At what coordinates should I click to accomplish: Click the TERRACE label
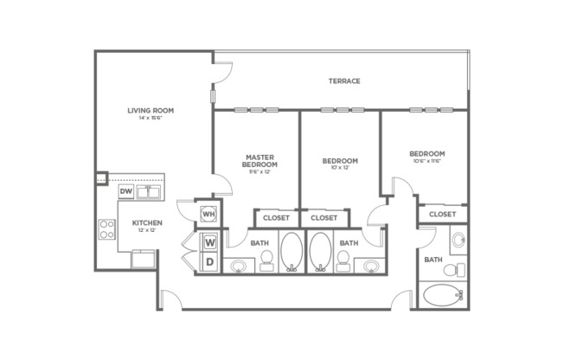click(344, 81)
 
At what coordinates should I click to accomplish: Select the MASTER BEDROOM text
click(260, 160)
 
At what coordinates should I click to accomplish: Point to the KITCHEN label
click(147, 222)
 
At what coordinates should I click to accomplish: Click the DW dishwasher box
click(126, 191)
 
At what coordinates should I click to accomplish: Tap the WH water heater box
click(208, 212)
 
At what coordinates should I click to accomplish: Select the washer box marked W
click(210, 242)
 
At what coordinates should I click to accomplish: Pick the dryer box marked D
click(210, 261)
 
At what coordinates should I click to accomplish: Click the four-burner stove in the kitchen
click(107, 229)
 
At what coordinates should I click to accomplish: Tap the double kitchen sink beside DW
click(152, 191)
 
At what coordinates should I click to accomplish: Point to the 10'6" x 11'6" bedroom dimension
click(427, 162)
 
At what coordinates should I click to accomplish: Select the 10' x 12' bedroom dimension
click(340, 168)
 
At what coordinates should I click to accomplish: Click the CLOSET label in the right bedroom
click(442, 214)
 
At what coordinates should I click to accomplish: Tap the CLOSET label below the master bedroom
click(276, 218)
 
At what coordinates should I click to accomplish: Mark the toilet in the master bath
click(266, 259)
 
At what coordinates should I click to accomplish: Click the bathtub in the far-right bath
click(444, 295)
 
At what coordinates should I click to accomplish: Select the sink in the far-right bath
click(458, 239)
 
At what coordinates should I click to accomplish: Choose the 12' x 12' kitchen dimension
click(147, 231)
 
